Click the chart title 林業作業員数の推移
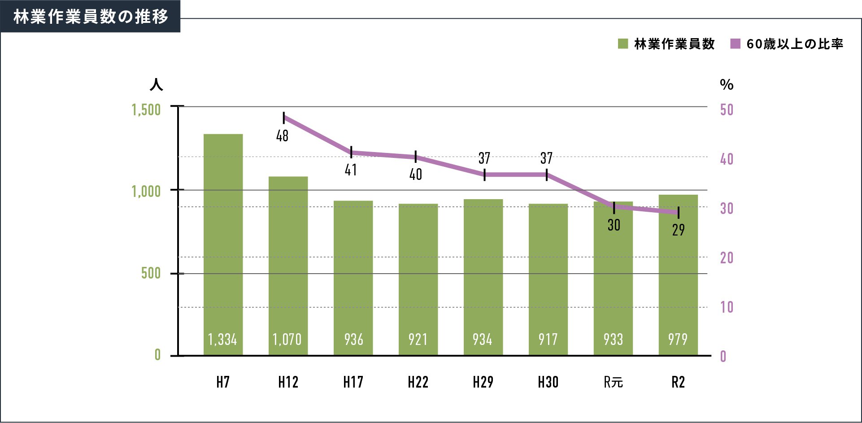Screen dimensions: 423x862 tap(90, 17)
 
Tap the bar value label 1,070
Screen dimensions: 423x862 tap(287, 340)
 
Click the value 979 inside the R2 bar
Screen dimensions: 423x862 tap(678, 340)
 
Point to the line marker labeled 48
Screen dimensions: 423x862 tap(284, 118)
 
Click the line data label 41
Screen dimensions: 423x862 tap(351, 170)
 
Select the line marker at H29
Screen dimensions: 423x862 tap(485, 174)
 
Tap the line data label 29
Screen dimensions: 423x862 tap(678, 230)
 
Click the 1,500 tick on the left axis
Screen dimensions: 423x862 tap(146, 110)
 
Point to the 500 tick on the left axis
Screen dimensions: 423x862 tap(151, 273)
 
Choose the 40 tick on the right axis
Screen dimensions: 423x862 tap(727, 159)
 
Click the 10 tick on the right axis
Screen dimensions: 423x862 tap(727, 307)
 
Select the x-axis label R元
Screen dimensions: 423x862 tap(613, 382)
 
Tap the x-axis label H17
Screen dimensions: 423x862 tap(353, 382)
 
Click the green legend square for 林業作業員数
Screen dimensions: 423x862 tap(623, 44)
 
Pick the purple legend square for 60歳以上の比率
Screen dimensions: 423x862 tap(735, 44)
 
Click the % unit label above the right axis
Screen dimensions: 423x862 tap(727, 85)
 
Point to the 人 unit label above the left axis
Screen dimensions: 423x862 tap(156, 85)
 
